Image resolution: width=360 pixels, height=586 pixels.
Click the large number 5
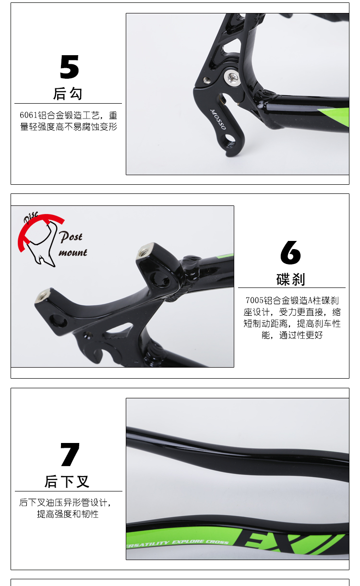tap(69, 67)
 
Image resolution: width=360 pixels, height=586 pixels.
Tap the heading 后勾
tap(68, 94)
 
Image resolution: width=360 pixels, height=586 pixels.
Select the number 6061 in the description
tap(29, 115)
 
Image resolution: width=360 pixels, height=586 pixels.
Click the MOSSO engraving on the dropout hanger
tap(217, 120)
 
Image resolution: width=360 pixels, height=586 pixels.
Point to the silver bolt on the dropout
tap(232, 77)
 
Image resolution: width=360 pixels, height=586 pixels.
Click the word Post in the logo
tap(71, 237)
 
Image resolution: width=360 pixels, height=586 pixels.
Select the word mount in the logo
tap(73, 253)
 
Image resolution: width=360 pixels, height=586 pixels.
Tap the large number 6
tap(290, 252)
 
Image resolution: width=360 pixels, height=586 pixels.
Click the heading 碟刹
tap(291, 279)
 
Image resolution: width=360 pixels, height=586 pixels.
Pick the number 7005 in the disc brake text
tap(254, 300)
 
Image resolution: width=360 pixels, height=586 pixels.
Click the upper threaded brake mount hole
tap(144, 251)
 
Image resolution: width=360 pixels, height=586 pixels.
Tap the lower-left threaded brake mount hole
tap(42, 296)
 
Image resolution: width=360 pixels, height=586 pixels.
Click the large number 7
tap(70, 454)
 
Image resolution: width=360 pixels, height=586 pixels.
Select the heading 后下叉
tap(67, 482)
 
